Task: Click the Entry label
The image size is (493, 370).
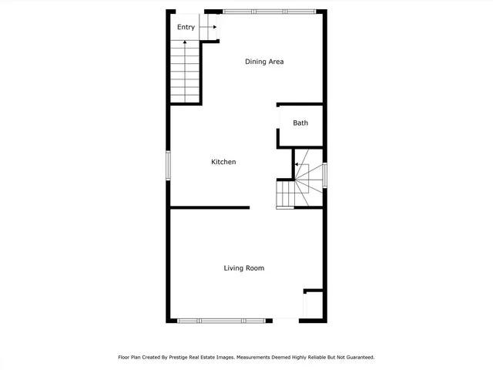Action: tap(186, 28)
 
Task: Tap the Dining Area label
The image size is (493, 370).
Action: tap(264, 62)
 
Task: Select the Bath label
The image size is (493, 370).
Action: tap(300, 123)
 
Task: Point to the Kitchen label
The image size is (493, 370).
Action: tap(223, 162)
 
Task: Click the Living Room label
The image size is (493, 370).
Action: tap(244, 268)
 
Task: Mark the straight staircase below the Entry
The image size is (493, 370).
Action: tap(185, 73)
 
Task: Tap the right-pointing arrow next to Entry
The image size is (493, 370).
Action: tap(213, 27)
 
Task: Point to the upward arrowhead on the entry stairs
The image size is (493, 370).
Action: tap(185, 40)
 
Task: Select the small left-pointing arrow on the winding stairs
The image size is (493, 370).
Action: tap(295, 164)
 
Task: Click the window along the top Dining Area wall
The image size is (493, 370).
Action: tap(270, 11)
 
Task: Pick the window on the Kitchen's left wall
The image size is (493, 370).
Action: tap(169, 165)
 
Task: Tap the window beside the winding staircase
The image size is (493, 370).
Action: tap(325, 175)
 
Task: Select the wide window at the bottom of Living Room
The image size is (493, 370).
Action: tap(223, 320)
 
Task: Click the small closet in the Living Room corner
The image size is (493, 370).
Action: tap(313, 304)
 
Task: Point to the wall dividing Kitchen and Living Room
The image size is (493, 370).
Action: tap(210, 207)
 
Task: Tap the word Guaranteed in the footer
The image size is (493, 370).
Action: tap(357, 358)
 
